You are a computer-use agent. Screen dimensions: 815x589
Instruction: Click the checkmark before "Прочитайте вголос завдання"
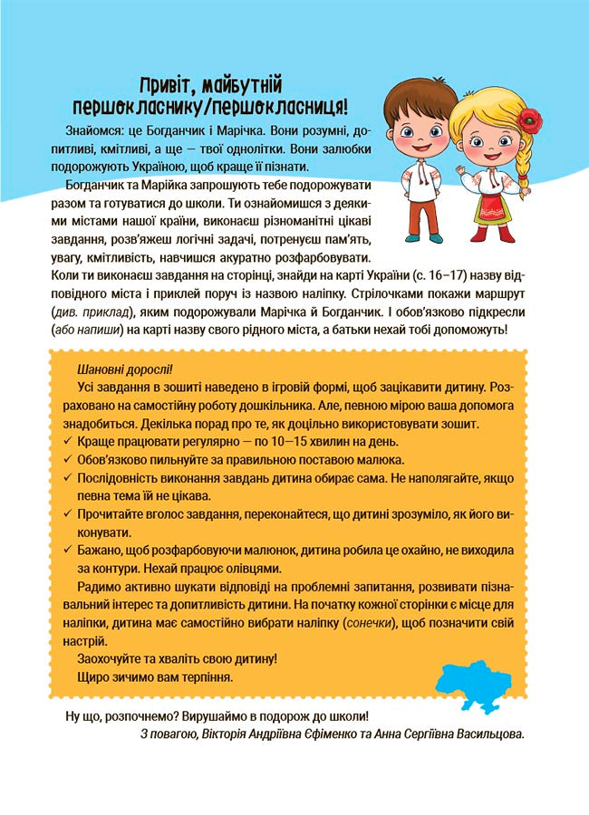[69, 513]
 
